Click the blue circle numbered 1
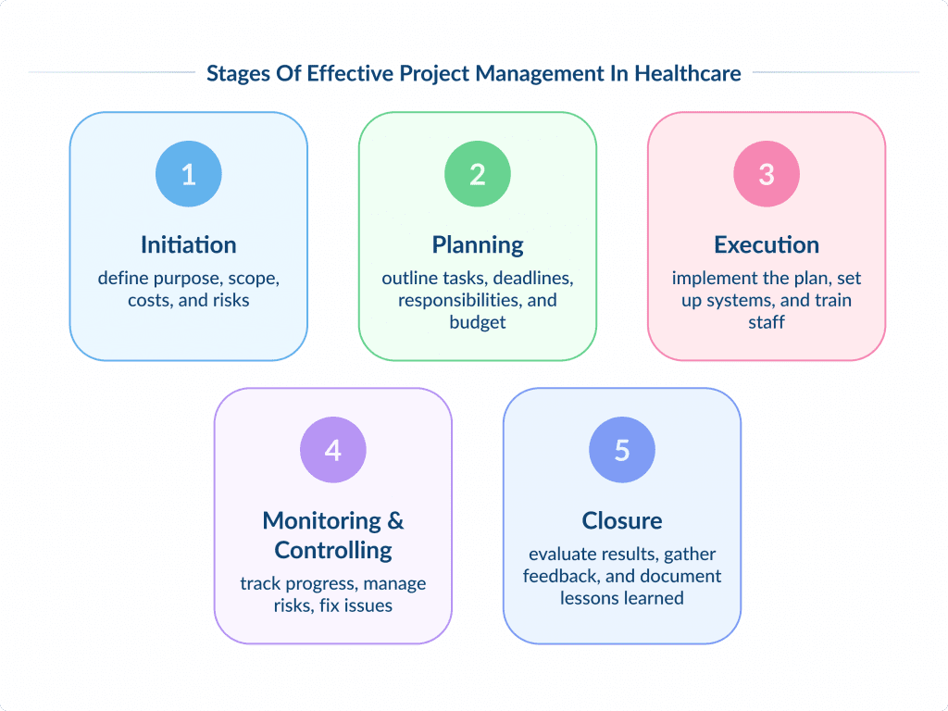coord(189,173)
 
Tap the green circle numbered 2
coord(478,173)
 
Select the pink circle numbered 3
coord(767,173)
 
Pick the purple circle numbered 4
coord(333,449)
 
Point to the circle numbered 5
coord(622,449)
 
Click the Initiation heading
coord(189,244)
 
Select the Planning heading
coord(478,244)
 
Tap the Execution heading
coord(767,244)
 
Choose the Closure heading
coord(622,520)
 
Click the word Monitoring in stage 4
coord(321,520)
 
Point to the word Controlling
coord(333,550)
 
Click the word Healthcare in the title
coord(688,73)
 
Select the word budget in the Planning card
coord(478,322)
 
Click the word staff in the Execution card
coord(767,322)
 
